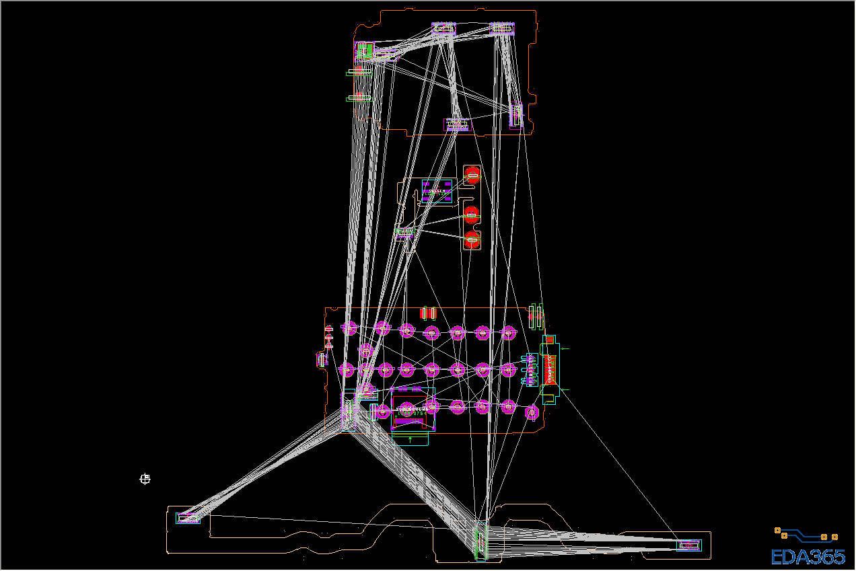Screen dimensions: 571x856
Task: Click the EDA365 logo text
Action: point(808,557)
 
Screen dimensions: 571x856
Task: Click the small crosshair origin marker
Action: point(145,479)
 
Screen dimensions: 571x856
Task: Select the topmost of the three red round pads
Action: point(472,174)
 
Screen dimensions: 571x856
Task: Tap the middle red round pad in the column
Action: point(471,215)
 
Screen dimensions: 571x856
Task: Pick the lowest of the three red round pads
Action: point(472,239)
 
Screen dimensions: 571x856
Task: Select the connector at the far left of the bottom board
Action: point(188,518)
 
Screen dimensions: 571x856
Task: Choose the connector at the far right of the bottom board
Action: point(689,545)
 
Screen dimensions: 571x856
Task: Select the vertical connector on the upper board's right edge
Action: point(517,115)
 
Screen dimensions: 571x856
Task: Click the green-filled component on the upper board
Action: point(364,50)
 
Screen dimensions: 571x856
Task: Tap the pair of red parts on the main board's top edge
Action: point(428,313)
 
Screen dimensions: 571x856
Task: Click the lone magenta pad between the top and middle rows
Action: point(365,350)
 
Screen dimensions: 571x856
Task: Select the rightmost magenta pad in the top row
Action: point(508,332)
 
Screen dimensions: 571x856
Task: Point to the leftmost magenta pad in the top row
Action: point(349,328)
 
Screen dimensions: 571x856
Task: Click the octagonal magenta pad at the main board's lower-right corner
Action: point(532,412)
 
